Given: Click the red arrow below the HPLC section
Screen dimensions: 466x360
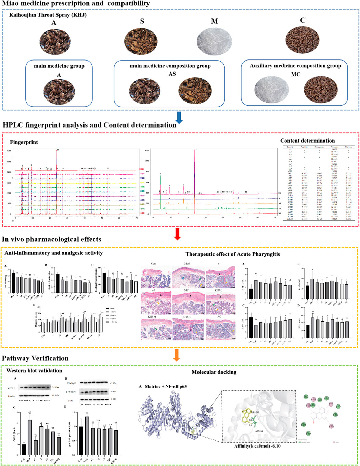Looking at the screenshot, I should coord(177,234).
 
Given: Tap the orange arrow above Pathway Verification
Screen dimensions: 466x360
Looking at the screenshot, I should coord(177,355).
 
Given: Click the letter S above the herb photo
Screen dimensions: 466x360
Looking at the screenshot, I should coord(142,21).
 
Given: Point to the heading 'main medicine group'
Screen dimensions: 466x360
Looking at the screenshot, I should coord(59,66).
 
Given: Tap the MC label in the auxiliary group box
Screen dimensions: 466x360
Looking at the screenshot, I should coord(295,74).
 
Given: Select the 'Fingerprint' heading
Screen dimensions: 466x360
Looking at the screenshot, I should coord(24,142).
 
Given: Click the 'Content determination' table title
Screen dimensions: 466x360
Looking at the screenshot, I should coord(307,141).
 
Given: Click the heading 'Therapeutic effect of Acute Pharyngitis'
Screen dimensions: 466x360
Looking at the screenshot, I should coord(232,254).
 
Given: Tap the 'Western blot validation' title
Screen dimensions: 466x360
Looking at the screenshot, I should coord(34,370).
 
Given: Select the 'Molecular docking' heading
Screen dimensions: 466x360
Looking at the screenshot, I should coord(214,372).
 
